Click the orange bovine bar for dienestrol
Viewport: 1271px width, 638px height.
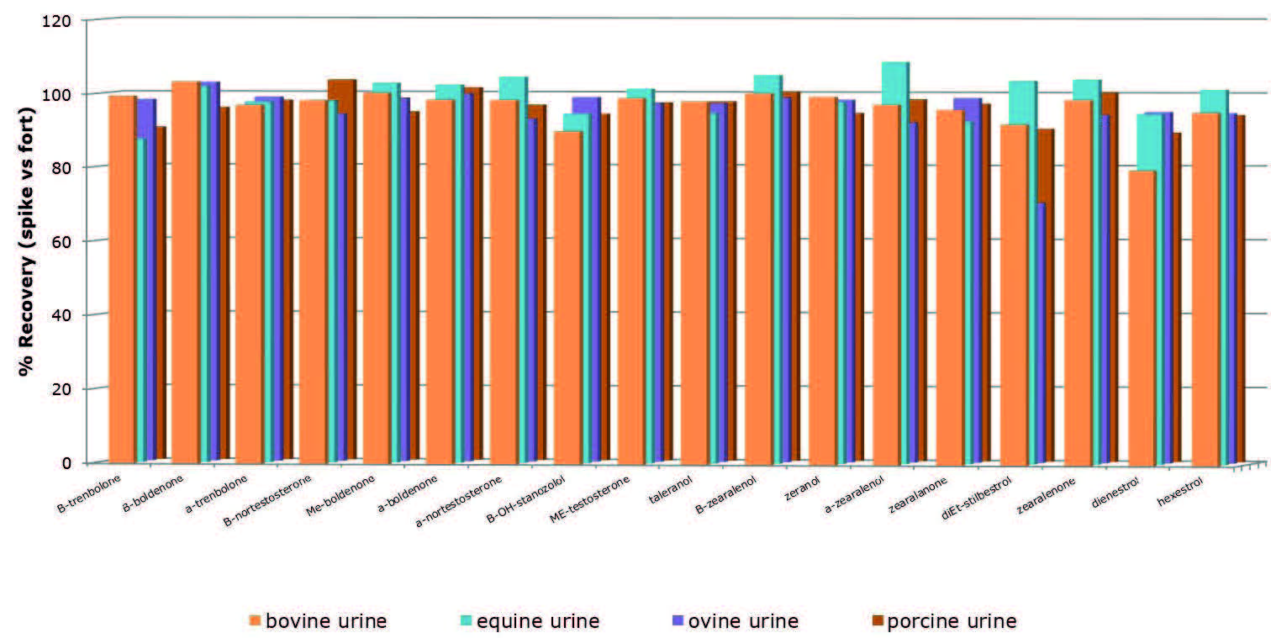(1142, 319)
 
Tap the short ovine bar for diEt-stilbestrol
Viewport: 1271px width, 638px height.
(1040, 336)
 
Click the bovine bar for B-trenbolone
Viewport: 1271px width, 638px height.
(122, 277)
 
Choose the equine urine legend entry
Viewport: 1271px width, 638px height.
(530, 621)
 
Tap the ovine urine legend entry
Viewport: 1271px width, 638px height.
(731, 621)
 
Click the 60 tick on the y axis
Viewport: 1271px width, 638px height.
(66, 240)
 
